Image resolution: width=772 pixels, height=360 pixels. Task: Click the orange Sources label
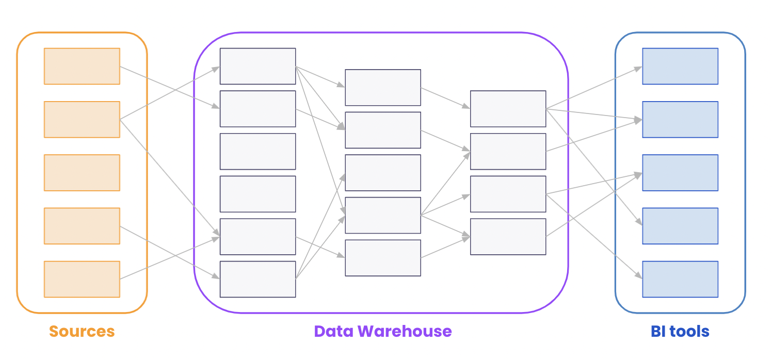click(82, 331)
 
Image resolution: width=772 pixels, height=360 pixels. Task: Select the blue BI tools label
click(680, 331)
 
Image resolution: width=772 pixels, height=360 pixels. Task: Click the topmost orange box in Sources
click(82, 66)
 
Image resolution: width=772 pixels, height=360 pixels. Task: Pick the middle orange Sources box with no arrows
click(82, 173)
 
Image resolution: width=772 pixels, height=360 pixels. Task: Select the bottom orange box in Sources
click(82, 279)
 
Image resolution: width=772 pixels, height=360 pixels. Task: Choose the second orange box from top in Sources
click(82, 119)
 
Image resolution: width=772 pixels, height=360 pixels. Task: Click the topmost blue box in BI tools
click(680, 66)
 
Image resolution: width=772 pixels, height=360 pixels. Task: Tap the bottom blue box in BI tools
click(680, 279)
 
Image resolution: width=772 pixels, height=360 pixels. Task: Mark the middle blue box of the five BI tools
click(680, 173)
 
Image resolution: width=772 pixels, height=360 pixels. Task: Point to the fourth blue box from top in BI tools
click(680, 226)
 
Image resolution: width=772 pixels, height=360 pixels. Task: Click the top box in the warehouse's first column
click(258, 66)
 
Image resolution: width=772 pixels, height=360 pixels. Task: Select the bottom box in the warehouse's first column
click(258, 279)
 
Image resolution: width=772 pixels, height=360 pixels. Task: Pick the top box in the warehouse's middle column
click(383, 87)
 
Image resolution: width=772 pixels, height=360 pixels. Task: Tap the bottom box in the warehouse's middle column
click(383, 258)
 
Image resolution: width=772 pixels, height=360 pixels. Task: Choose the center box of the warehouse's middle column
click(383, 173)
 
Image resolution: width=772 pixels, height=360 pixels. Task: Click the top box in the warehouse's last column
click(508, 109)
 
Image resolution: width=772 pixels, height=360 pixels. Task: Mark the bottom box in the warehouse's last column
click(508, 237)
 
